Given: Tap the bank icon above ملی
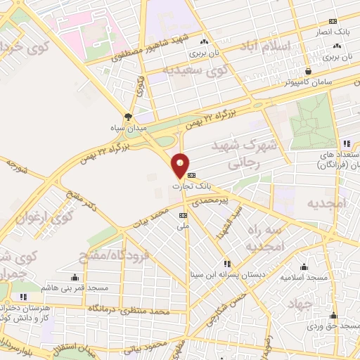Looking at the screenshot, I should point(184,215).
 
